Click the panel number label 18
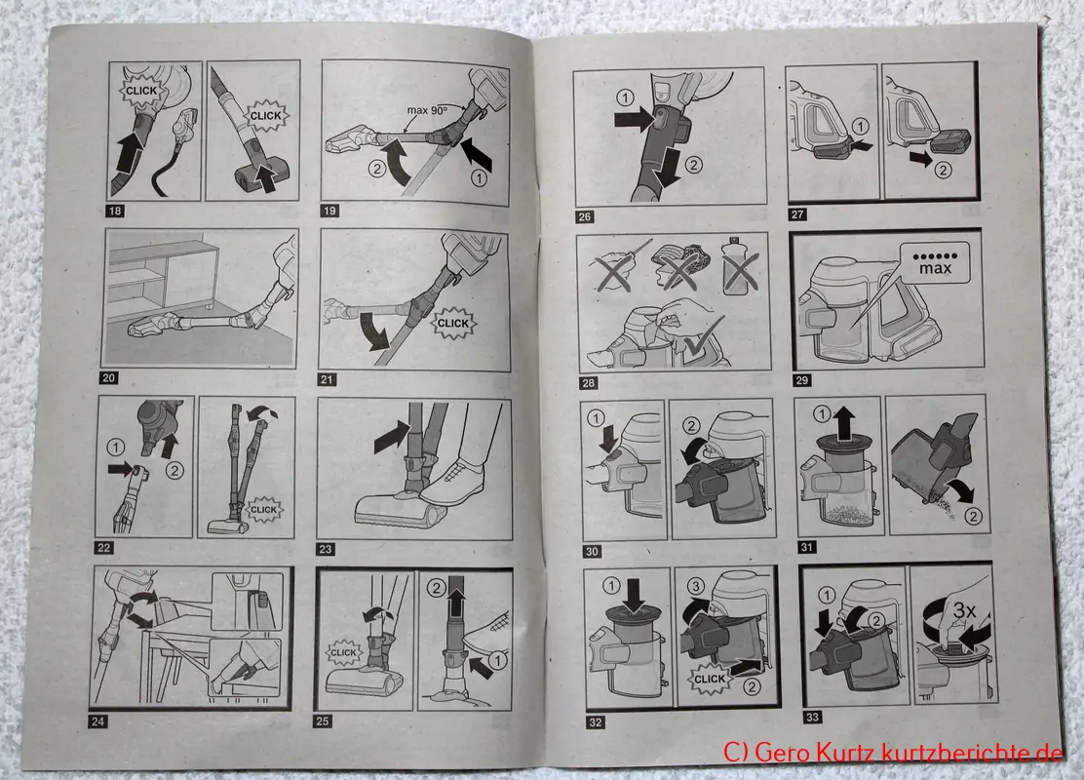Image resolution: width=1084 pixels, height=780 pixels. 115,211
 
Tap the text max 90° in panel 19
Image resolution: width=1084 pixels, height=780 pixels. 428,109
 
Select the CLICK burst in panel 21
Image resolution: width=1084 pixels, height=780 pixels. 453,323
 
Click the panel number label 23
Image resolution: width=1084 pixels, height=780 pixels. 326,549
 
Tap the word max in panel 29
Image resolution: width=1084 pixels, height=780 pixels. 935,268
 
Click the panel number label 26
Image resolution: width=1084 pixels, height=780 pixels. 584,217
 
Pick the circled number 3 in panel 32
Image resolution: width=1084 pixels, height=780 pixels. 695,586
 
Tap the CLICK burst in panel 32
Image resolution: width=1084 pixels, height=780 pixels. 710,679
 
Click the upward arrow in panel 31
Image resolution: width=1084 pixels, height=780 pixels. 842,419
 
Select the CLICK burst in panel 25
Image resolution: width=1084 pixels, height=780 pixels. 343,652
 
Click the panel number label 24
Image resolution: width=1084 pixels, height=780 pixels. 98,721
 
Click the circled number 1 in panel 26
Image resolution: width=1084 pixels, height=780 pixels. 624,97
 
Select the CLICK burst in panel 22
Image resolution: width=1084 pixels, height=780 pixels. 263,510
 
